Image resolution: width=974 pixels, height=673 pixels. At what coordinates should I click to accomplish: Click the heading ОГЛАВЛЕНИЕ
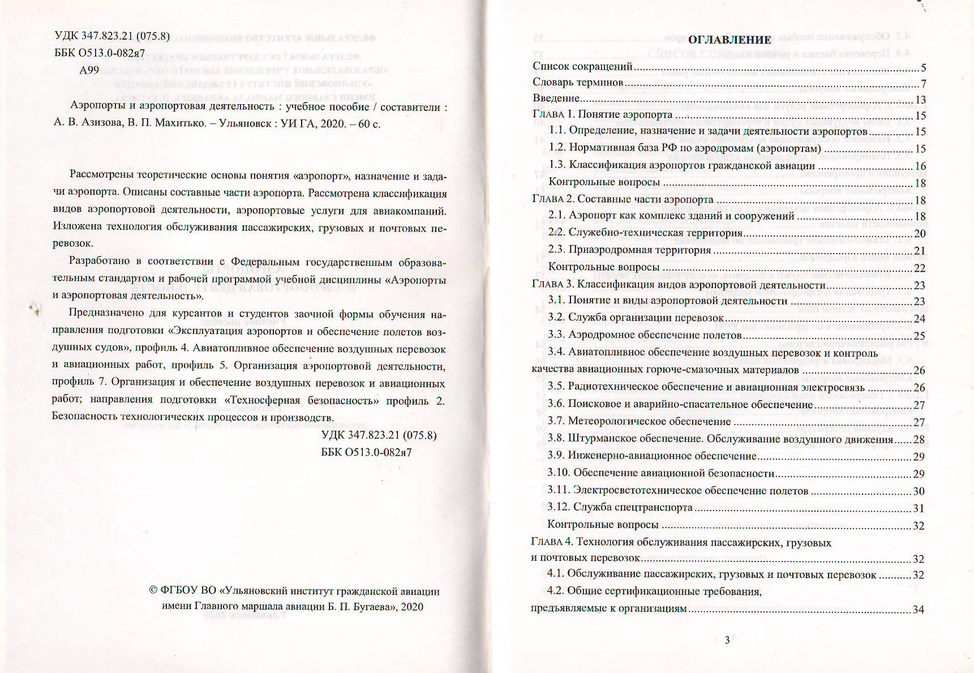pyautogui.click(x=729, y=40)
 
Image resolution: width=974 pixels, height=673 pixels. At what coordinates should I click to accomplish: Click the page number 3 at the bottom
pyautogui.click(x=727, y=640)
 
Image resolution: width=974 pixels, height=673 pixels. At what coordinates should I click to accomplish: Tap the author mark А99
pyautogui.click(x=89, y=70)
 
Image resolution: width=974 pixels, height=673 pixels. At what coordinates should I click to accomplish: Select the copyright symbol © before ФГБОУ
pyautogui.click(x=153, y=591)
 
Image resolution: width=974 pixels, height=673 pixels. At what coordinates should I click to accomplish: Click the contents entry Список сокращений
pyautogui.click(x=582, y=66)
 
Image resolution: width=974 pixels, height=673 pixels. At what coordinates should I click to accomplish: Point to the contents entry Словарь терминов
pyautogui.click(x=578, y=83)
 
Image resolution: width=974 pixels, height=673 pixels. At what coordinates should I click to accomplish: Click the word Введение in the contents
pyautogui.click(x=556, y=98)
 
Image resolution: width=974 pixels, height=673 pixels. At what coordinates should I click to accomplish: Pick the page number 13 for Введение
pyautogui.click(x=920, y=100)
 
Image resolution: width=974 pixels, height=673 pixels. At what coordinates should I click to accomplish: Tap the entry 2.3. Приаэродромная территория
pyautogui.click(x=630, y=250)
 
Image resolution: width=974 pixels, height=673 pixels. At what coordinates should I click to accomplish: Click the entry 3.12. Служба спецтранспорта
pyautogui.click(x=620, y=508)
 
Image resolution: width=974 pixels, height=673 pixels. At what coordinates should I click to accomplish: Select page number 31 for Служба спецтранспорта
pyautogui.click(x=919, y=508)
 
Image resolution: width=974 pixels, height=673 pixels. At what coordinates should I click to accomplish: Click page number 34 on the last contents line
pyautogui.click(x=919, y=610)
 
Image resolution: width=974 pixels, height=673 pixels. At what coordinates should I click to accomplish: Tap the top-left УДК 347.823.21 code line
pyautogui.click(x=112, y=36)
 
